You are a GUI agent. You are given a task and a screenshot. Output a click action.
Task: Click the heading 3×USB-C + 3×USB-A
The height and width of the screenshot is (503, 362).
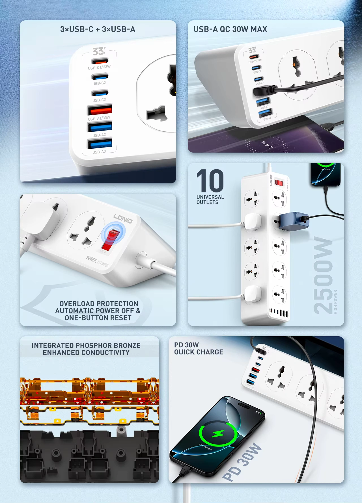click(98, 29)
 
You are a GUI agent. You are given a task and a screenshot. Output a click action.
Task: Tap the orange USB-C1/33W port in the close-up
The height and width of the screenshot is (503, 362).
click(100, 61)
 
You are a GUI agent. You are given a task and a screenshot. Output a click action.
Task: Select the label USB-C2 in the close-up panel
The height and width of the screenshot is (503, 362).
click(99, 83)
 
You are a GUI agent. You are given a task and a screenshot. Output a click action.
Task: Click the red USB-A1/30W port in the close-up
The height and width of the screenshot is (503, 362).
click(100, 110)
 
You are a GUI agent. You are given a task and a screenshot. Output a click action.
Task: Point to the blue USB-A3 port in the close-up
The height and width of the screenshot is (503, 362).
click(100, 144)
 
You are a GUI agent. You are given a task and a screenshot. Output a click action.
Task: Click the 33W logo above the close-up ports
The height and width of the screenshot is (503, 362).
click(98, 51)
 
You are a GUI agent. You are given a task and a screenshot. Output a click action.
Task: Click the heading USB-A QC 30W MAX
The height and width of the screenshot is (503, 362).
click(230, 29)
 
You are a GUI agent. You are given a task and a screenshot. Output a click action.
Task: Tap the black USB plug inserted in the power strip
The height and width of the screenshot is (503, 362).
click(262, 91)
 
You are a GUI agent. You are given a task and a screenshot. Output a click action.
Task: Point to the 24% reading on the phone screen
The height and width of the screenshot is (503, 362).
click(267, 144)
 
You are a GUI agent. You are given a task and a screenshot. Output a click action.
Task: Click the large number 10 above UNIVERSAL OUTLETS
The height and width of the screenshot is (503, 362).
click(210, 181)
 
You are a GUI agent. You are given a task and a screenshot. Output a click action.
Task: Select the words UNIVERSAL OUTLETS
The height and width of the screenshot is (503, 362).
click(210, 200)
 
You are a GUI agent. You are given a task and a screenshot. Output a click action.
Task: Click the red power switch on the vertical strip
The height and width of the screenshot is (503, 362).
click(279, 183)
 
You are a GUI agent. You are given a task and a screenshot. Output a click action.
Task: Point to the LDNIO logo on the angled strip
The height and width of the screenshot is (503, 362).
click(123, 218)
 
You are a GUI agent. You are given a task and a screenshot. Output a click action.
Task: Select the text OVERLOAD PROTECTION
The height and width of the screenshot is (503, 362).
click(99, 303)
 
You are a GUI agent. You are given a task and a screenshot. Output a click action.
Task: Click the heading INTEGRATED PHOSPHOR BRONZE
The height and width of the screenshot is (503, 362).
click(86, 345)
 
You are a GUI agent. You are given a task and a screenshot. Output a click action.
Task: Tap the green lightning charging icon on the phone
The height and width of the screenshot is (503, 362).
click(218, 434)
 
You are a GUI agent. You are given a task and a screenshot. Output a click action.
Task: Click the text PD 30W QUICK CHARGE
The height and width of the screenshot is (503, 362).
click(198, 348)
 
